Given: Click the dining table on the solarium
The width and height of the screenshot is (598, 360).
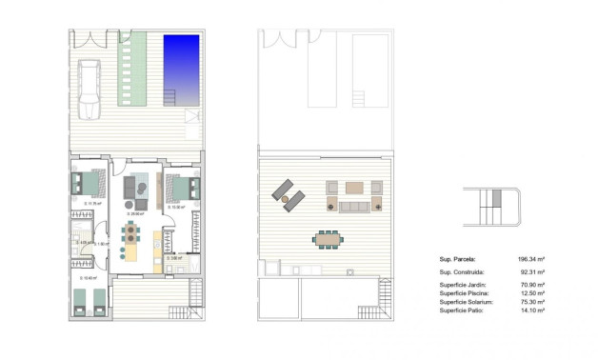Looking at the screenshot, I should (x=329, y=237).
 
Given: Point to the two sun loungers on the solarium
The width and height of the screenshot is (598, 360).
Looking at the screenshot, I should (x=288, y=194).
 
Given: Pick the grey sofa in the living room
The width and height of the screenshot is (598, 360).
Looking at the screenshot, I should (x=139, y=186).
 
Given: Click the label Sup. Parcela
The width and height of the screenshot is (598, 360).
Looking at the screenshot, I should (x=457, y=258).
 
